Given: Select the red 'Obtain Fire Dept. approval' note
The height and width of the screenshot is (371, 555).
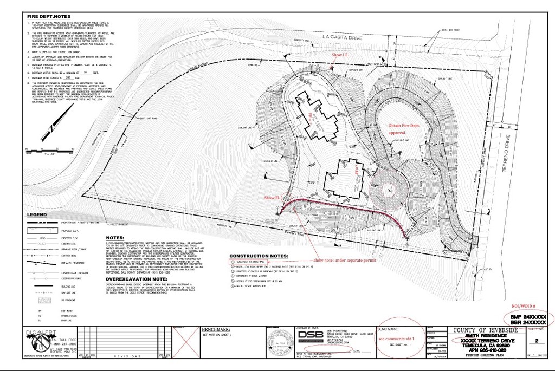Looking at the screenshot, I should pos(404,128).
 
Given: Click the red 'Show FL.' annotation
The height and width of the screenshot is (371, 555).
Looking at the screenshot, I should pos(272,198).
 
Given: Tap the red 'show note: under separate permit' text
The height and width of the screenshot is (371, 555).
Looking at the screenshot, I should pos(343,261).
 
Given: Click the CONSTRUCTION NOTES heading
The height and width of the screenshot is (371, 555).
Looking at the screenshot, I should pos(259,256).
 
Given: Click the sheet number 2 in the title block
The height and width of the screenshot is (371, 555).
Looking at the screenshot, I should pos(537,341).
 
